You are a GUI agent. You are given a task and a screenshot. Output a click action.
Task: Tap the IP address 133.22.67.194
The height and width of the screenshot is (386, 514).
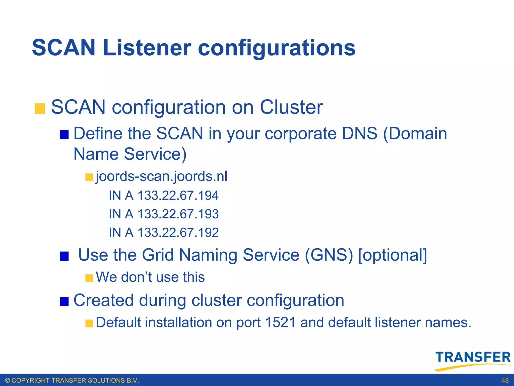tap(178, 196)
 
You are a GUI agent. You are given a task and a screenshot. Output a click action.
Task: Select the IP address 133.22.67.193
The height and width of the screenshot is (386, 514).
tap(178, 214)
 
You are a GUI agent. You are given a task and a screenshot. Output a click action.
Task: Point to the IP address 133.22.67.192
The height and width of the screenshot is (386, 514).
tap(178, 232)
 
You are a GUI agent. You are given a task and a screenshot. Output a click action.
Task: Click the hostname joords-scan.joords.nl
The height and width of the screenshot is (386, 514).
tap(161, 176)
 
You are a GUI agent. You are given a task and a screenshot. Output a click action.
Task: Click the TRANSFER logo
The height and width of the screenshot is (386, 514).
tap(473, 360)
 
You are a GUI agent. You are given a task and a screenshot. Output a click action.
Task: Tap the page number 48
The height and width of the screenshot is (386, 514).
tap(505, 380)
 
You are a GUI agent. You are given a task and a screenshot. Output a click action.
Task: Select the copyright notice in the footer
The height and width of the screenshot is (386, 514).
tap(72, 380)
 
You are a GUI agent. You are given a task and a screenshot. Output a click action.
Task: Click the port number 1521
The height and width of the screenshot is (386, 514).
tap(280, 322)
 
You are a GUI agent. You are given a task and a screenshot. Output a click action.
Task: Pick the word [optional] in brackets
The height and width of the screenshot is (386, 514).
tap(393, 255)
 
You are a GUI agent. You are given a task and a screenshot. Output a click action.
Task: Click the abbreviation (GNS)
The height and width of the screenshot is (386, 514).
tap(329, 255)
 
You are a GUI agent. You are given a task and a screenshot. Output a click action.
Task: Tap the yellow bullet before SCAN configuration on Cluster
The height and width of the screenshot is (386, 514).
tap(40, 109)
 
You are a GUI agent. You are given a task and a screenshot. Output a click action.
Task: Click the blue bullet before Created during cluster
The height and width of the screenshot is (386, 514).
tap(64, 301)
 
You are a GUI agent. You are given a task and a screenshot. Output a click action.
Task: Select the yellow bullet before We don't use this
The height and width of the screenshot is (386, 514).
tap(89, 278)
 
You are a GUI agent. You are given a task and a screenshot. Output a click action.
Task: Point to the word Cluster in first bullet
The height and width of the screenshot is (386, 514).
tap(291, 107)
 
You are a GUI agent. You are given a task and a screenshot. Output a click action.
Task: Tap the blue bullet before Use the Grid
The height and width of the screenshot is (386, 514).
tap(64, 256)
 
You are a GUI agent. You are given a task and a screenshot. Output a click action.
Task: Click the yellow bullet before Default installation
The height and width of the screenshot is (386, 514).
tap(89, 323)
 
